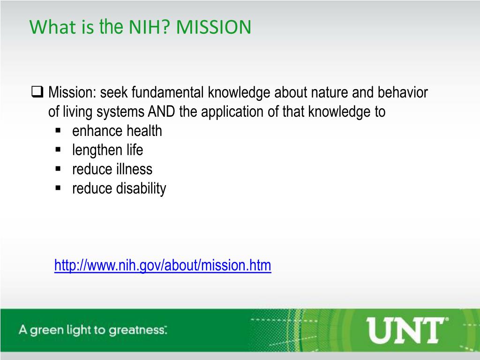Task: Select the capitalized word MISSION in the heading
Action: tap(214, 27)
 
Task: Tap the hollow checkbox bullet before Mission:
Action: tap(37, 92)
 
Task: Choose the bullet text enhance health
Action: tap(117, 131)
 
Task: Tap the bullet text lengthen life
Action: tap(107, 150)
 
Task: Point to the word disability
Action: tap(141, 188)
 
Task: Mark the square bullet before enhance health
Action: tap(59, 131)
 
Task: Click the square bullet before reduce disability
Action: tap(59, 188)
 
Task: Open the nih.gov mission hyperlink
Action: tap(163, 265)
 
